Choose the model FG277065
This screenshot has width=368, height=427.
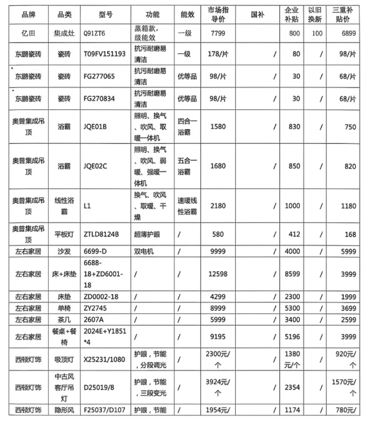100,75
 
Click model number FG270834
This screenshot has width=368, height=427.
100,98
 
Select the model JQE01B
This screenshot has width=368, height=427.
97,126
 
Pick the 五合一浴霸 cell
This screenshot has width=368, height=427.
189,166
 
